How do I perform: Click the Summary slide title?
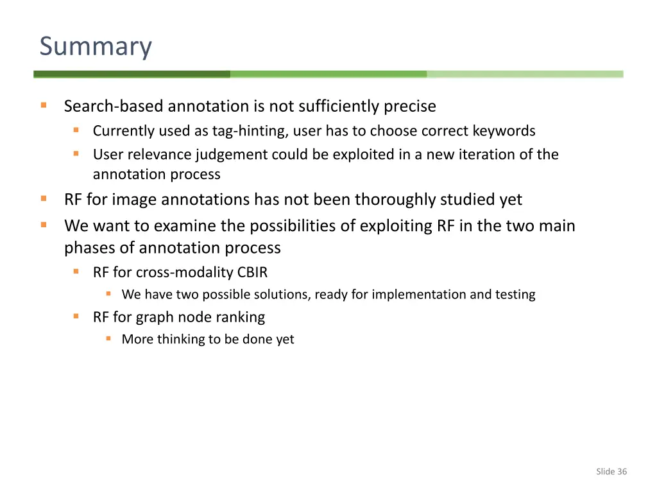(96, 47)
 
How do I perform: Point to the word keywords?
(504, 131)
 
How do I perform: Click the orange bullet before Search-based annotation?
(44, 105)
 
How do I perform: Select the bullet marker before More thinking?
(109, 338)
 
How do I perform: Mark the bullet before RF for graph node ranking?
(76, 316)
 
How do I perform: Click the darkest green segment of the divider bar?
(132, 74)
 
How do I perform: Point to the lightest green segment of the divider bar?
(525, 74)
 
